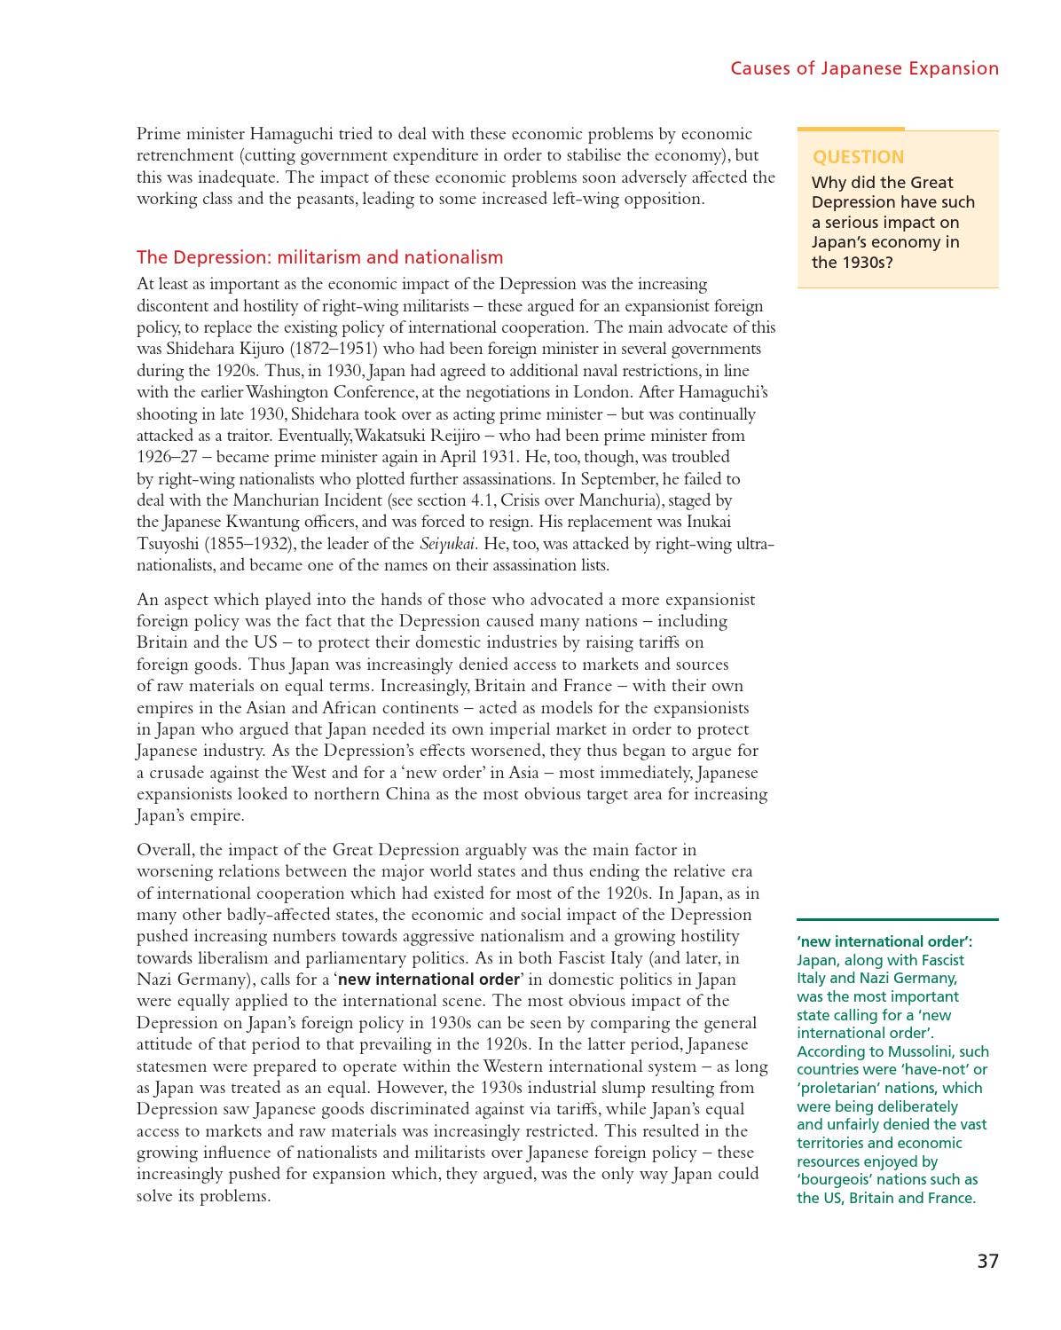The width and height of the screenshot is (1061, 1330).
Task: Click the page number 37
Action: (x=987, y=1261)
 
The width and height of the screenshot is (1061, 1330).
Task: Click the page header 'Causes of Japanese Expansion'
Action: (x=864, y=68)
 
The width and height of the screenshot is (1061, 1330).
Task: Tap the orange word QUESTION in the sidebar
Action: (x=858, y=157)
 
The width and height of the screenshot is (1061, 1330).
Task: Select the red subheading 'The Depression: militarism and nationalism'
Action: (x=319, y=257)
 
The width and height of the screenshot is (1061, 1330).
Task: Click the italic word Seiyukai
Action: (x=447, y=544)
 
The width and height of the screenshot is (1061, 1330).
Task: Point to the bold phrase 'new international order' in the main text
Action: (x=428, y=980)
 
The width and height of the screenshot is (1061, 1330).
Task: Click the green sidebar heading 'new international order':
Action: (x=884, y=941)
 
